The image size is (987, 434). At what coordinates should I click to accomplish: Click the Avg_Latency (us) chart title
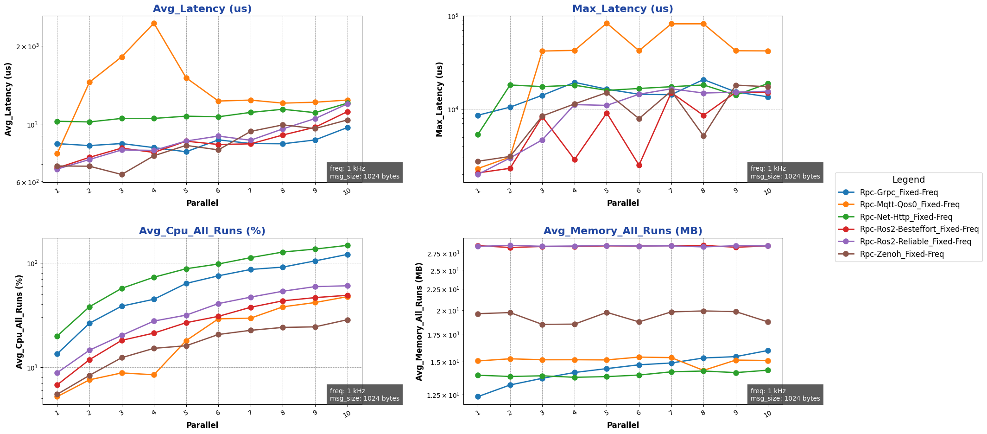pos(202,9)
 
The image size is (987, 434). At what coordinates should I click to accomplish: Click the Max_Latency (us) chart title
pos(623,9)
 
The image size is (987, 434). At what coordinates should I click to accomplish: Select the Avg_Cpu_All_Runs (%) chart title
pos(202,231)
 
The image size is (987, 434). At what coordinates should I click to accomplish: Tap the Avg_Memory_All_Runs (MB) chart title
pos(623,231)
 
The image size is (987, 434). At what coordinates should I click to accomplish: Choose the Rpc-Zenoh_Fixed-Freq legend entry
pos(895,254)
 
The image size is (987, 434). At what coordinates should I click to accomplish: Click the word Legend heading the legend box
pos(908,180)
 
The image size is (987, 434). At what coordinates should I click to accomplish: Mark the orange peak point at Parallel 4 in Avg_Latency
pos(154,23)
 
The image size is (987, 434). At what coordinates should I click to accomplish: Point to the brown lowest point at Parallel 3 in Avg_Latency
pos(122,175)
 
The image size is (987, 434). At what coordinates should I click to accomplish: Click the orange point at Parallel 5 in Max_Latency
pos(607,23)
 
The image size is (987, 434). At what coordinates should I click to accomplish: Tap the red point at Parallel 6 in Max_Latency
pos(639,165)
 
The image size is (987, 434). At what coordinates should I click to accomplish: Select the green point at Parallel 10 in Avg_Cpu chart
pos(348,245)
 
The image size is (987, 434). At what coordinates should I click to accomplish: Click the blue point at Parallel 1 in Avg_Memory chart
pos(478,396)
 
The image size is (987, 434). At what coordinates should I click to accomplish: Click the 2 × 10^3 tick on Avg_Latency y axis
pos(29,47)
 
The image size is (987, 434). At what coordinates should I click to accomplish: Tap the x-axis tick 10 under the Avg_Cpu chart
pos(347,412)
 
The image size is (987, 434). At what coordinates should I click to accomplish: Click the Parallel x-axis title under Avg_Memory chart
pos(623,425)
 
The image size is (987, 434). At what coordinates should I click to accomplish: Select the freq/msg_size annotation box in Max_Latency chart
pos(785,172)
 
